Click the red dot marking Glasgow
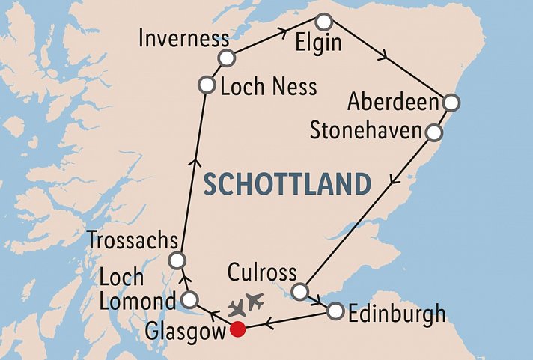[x=238, y=329]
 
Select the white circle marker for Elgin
[x=323, y=20]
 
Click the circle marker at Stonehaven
[x=433, y=133]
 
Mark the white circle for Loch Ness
[x=207, y=85]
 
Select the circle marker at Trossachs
[x=177, y=260]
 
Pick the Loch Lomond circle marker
[x=190, y=300]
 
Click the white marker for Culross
[x=300, y=291]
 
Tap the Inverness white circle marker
[x=227, y=58]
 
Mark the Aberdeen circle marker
[x=451, y=103]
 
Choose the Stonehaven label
[x=366, y=132]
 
